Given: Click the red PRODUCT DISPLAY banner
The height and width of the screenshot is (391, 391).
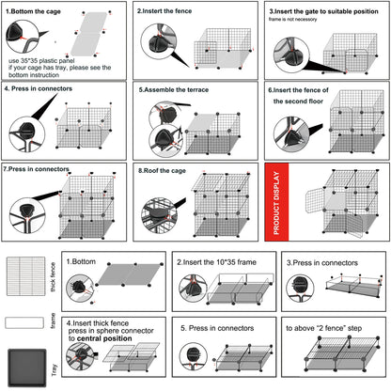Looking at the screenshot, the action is point(276,202).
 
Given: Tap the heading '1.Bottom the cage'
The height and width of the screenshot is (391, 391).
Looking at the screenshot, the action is point(33,11).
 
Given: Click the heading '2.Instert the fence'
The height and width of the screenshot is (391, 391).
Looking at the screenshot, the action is point(164,11).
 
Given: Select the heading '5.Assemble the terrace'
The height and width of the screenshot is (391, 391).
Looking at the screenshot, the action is point(174,89).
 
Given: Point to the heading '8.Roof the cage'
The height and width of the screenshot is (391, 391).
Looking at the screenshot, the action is point(162,171).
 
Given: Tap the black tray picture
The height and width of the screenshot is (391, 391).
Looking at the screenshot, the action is point(27,368).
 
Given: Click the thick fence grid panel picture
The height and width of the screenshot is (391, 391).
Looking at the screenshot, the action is point(26,276).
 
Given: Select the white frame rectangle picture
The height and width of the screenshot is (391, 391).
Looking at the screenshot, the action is point(24,322).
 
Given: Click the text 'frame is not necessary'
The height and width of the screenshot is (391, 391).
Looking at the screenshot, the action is point(292,20).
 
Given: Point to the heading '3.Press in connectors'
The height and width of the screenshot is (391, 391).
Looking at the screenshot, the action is point(322,263).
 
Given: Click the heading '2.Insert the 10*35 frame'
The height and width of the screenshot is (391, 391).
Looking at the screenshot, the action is point(216,262).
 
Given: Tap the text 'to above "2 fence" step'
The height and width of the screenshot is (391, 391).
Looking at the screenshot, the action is point(324,328).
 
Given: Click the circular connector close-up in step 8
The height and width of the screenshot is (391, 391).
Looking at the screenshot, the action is point(159,215).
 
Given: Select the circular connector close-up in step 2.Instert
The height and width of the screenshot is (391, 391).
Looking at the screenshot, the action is point(159,40).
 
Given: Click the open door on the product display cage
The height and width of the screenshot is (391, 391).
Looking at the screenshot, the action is point(315,200).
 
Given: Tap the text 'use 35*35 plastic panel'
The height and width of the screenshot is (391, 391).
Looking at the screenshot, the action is point(41,60).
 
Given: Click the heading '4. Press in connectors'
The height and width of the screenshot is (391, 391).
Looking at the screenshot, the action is point(39,88).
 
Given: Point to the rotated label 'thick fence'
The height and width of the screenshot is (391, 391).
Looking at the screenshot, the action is point(53,277).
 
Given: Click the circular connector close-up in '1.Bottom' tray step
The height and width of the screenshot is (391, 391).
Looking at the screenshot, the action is point(80,288).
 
